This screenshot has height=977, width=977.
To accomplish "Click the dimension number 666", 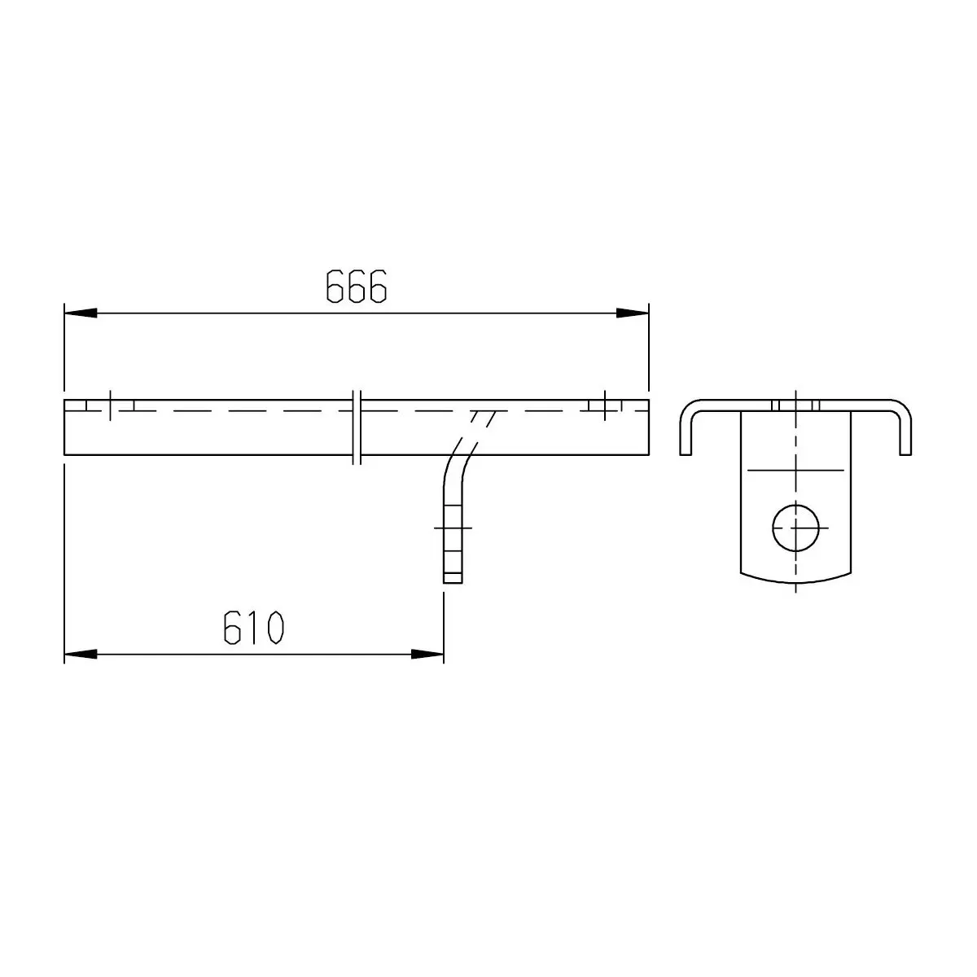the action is pyautogui.click(x=356, y=287).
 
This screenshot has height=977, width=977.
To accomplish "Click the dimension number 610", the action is pyautogui.click(x=253, y=628).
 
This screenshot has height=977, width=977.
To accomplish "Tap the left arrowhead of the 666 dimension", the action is pyautogui.click(x=81, y=313).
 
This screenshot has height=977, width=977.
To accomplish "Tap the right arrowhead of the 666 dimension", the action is pyautogui.click(x=633, y=313).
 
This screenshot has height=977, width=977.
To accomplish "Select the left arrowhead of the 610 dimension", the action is pyautogui.click(x=81, y=655).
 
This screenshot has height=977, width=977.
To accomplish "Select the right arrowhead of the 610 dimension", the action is pyautogui.click(x=427, y=655).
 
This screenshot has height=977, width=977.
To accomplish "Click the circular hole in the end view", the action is pyautogui.click(x=795, y=528).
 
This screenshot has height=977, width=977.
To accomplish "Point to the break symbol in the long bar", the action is pyautogui.click(x=357, y=427).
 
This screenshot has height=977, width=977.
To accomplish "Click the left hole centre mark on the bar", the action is pyautogui.click(x=110, y=405).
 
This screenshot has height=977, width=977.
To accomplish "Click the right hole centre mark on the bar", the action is pyautogui.click(x=604, y=405).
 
